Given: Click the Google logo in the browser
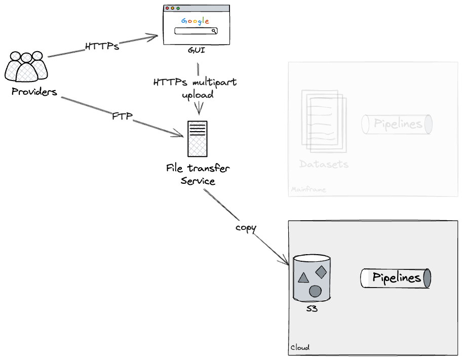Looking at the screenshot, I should coord(195,21).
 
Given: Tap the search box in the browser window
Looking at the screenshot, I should coord(196,31).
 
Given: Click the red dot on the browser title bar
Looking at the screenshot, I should coord(167,8).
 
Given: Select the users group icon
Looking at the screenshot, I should coord(26,66).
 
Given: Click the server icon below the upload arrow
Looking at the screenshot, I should coord(197,139).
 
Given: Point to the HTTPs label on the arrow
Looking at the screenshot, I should coord(102,47).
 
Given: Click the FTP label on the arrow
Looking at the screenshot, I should coord(122,116).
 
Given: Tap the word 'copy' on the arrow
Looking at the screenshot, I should coord(246,227).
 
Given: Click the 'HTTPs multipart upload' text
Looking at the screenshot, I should coord(195,88).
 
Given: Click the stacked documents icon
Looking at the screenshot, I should coord(324,121).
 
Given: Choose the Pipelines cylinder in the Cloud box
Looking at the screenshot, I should coord(396,278).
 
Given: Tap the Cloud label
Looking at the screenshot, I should coord(300,348).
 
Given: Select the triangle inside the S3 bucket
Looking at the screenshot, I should coord(303,277).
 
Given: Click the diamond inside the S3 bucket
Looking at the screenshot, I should coord(321,271).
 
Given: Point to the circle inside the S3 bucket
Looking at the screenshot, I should coord(315,291).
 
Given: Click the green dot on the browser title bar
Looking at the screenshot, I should coord(178,8).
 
